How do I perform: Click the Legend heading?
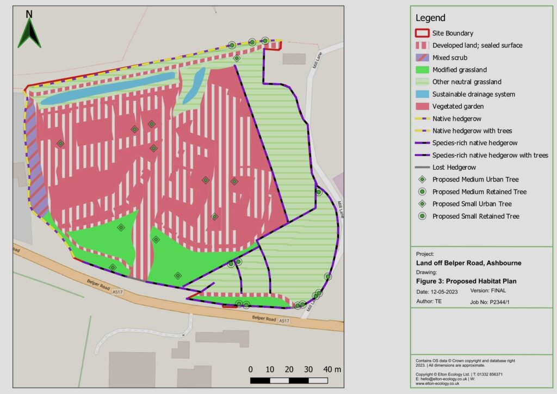(x=430, y=18)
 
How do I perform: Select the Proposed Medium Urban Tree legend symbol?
(x=422, y=180)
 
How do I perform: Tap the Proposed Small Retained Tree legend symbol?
(x=422, y=216)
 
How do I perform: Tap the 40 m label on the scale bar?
(x=331, y=370)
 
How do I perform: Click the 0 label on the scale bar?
(x=251, y=370)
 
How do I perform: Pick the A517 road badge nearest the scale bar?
(x=284, y=322)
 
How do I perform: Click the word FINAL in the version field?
(x=503, y=292)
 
